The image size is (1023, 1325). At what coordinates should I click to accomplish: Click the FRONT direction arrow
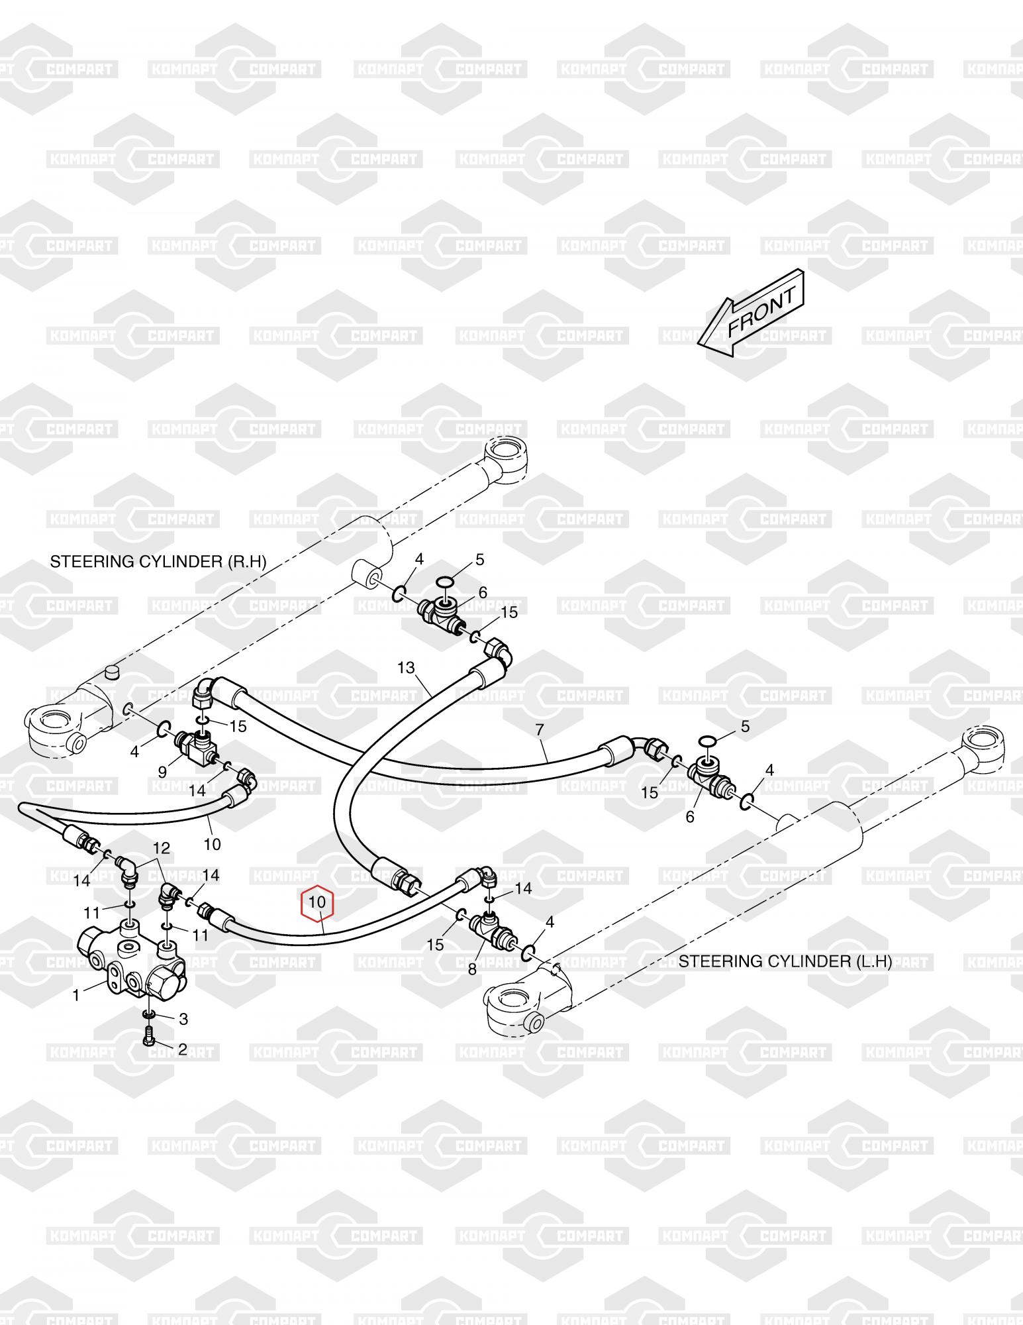point(752,313)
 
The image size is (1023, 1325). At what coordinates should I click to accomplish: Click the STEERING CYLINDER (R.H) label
point(158,562)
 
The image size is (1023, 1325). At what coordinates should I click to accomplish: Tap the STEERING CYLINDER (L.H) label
point(785,961)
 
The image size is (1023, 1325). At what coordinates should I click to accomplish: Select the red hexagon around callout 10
point(318,903)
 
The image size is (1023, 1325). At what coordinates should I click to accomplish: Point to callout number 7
point(540,730)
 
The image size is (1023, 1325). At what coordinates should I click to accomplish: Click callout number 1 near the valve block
point(76,995)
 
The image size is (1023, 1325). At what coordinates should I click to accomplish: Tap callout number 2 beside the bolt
point(183,1049)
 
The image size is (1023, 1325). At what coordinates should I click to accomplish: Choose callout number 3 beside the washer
point(183,1019)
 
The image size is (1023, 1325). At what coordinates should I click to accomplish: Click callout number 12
point(162,848)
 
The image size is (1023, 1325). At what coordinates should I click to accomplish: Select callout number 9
point(163,771)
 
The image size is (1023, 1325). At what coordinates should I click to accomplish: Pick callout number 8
point(472,969)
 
